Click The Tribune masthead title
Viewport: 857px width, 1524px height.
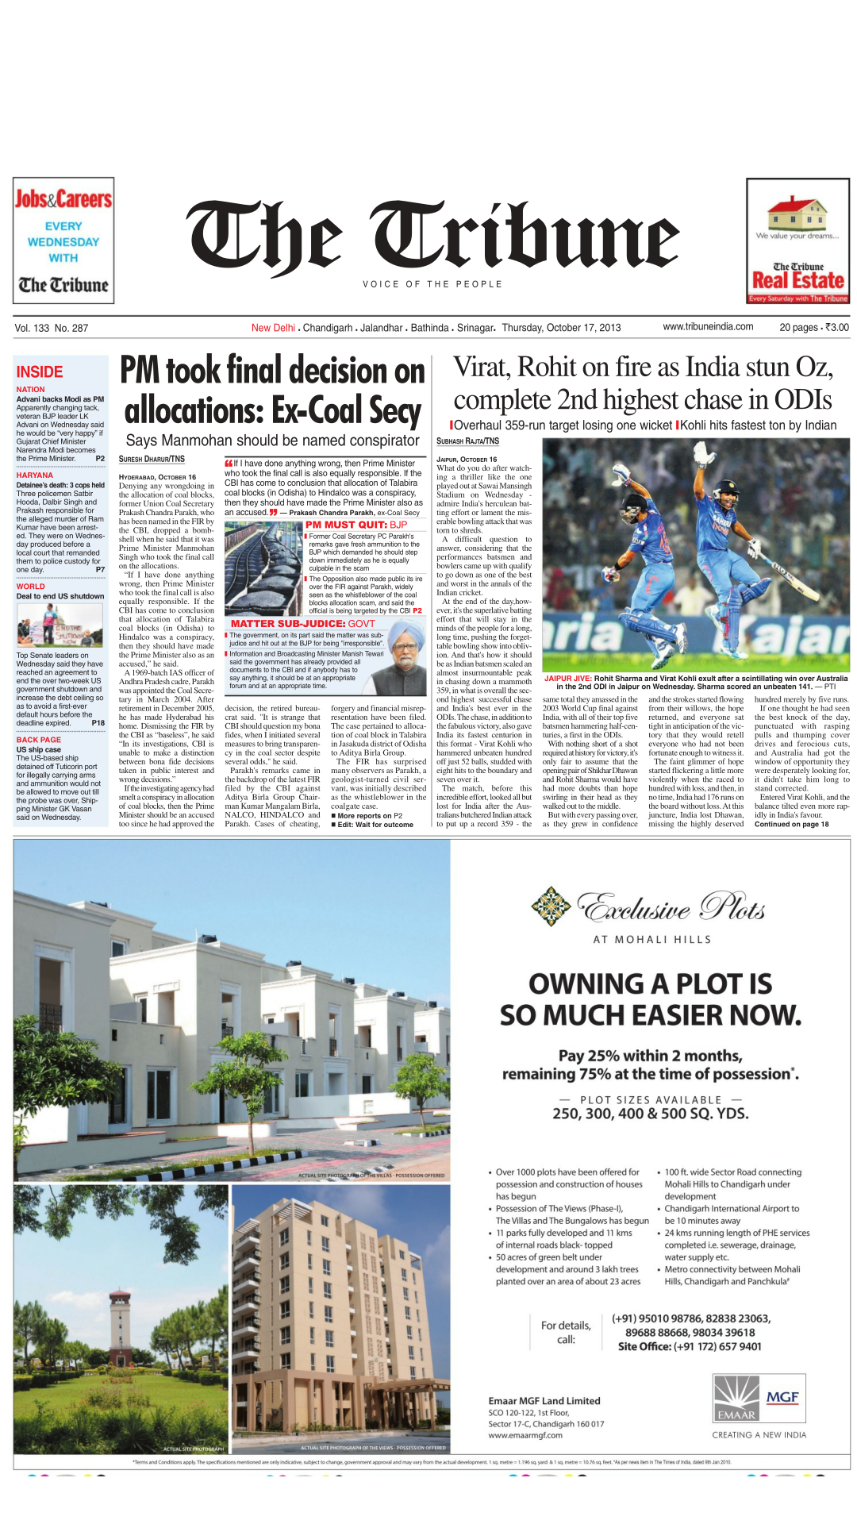(x=433, y=236)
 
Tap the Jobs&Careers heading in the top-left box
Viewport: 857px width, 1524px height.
(x=63, y=198)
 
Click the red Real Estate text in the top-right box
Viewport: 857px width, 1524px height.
(x=797, y=281)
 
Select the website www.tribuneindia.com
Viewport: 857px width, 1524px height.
(x=708, y=327)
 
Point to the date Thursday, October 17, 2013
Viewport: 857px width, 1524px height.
(x=561, y=328)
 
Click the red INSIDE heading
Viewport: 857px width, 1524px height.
(x=40, y=371)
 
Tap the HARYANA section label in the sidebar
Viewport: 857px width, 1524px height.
(x=35, y=475)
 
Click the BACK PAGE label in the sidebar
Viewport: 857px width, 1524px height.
(x=39, y=740)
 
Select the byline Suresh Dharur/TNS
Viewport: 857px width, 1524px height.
(x=152, y=459)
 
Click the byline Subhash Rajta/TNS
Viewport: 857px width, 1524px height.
(x=467, y=441)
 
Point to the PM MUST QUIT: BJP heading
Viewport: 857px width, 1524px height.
(x=356, y=525)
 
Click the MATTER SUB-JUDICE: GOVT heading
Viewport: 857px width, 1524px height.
(x=302, y=624)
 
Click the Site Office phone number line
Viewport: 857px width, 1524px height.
(x=690, y=1346)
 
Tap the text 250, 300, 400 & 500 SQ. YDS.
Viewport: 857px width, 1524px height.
(x=650, y=1114)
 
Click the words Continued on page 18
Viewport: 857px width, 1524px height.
(x=791, y=824)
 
